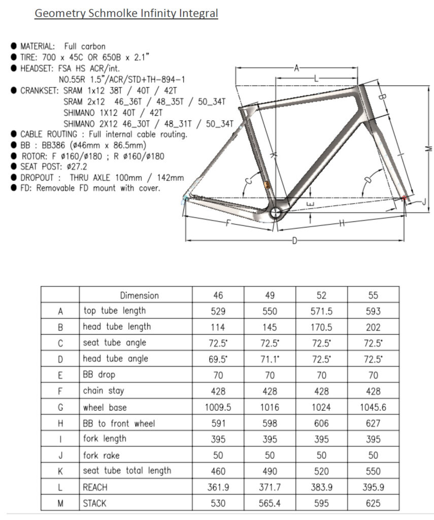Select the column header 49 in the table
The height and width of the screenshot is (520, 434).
pos(270,295)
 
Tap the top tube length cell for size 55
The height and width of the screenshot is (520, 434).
pos(373,311)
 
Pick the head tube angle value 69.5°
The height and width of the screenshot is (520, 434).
pos(218,359)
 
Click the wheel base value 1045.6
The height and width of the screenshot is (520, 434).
pos(373,407)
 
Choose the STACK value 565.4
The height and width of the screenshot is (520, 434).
pos(270,503)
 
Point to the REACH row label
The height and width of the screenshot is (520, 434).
pos(95,487)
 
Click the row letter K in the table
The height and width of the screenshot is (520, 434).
pos(60,471)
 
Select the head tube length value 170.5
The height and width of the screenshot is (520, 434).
pos(321,327)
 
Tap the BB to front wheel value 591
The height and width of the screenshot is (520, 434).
pos(218,423)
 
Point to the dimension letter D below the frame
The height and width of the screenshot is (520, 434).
pos(294,240)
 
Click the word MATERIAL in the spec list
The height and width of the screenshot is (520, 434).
pos(38,46)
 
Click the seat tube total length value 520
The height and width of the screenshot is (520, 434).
pos(321,471)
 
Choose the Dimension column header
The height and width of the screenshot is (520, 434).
pos(139,295)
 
